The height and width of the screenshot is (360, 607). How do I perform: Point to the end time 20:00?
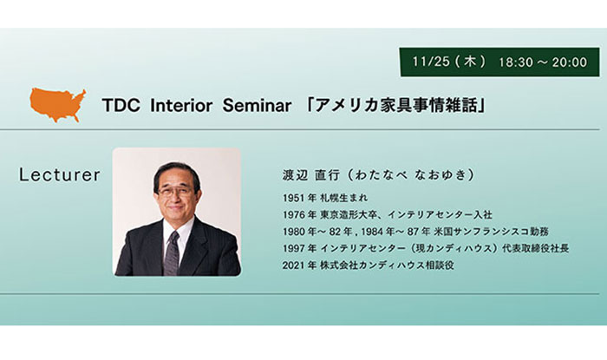(570, 62)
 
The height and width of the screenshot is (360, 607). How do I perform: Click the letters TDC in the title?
(121, 105)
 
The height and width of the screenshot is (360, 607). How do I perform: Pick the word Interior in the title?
(181, 105)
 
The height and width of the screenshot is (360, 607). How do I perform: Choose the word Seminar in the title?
(257, 105)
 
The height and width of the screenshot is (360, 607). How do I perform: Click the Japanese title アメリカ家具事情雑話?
(396, 105)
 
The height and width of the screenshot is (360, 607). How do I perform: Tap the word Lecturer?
(60, 175)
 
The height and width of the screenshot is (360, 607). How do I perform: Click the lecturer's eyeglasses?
(175, 191)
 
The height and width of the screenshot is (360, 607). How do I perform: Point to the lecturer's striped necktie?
(172, 252)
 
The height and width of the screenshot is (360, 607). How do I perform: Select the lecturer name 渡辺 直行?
(311, 175)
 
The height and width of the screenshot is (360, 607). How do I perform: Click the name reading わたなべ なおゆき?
(411, 175)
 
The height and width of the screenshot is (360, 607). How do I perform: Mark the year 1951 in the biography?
(294, 198)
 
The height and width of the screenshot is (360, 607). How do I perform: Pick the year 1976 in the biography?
(294, 214)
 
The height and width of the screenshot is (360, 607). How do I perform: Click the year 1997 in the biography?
(294, 248)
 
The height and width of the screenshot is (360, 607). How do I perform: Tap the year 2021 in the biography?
(294, 265)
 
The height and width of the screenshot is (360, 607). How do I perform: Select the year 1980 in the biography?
(294, 232)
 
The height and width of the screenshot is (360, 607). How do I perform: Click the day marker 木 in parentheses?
(470, 62)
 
